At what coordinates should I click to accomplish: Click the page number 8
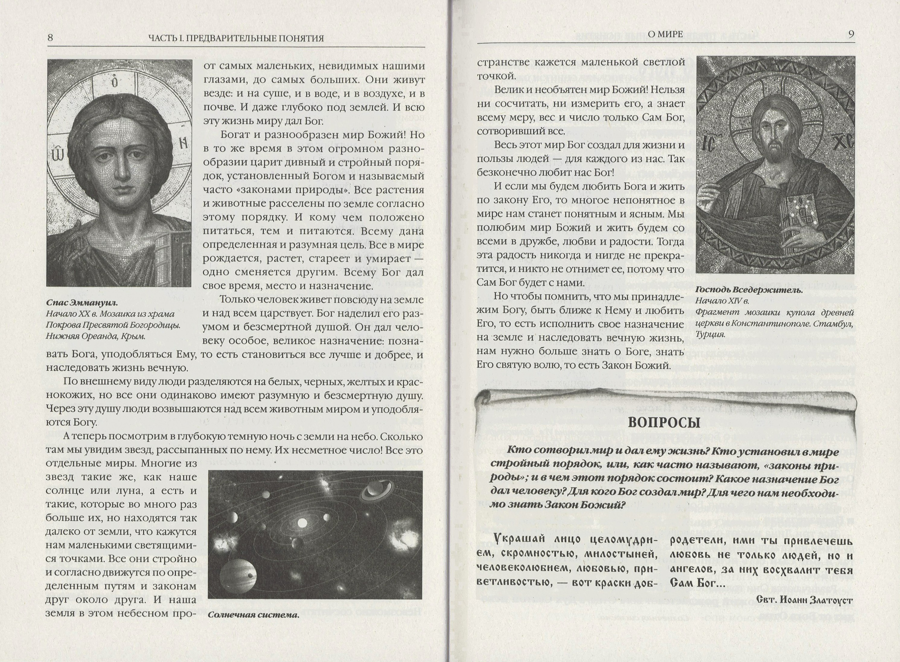[x=50, y=38]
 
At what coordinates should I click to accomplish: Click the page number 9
[x=851, y=35]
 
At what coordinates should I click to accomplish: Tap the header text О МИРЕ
[x=665, y=34]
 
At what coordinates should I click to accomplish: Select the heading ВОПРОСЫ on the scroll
[x=664, y=423]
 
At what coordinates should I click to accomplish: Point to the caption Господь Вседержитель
[x=749, y=290]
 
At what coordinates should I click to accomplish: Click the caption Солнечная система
[x=253, y=615]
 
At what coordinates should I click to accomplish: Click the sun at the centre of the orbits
[x=301, y=522]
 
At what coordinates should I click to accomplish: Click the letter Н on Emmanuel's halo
[x=183, y=143]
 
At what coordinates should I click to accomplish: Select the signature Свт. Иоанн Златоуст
[x=804, y=599]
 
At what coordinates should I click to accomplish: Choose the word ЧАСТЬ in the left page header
[x=163, y=38]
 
